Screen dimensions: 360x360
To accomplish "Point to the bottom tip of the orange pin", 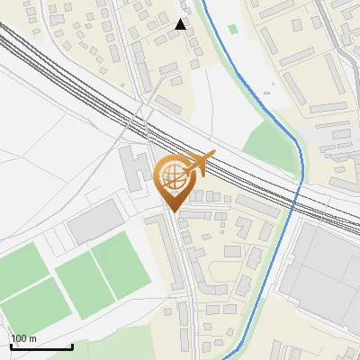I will click(x=173, y=211).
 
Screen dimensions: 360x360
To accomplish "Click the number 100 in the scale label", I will click(x=19, y=338).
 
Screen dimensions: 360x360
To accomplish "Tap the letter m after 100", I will click(x=32, y=338).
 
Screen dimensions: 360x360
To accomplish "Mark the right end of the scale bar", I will click(x=72, y=346).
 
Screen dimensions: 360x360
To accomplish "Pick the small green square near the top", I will click(x=233, y=29).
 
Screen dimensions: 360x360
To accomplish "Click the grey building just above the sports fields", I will click(x=94, y=221).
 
